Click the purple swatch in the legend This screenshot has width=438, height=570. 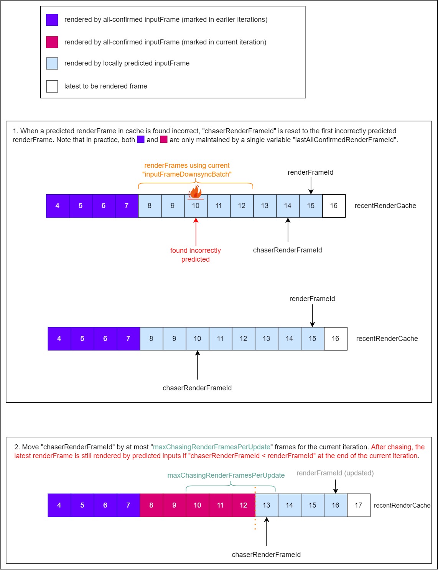click(52, 20)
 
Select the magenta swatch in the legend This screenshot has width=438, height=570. click(52, 42)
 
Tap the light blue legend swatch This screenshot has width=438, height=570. click(52, 64)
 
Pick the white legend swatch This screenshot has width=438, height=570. click(52, 86)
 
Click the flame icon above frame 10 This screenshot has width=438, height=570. click(196, 192)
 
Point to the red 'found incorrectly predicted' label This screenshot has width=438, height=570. click(196, 255)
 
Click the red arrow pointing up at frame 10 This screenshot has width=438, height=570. click(196, 232)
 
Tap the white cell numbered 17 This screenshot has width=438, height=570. click(359, 505)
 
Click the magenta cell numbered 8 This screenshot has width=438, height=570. click(151, 505)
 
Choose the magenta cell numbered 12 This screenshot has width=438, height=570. click(244, 505)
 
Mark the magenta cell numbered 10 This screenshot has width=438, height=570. click(198, 505)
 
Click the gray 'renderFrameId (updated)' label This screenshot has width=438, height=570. click(335, 473)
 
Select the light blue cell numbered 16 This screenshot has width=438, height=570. click(336, 505)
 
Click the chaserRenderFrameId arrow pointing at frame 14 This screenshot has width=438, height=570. click(288, 230)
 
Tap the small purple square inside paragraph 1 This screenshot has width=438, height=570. click(141, 140)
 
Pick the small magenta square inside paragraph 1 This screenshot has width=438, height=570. click(164, 140)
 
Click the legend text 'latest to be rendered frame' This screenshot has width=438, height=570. click(106, 86)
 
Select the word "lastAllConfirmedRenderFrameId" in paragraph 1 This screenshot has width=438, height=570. click(344, 140)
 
